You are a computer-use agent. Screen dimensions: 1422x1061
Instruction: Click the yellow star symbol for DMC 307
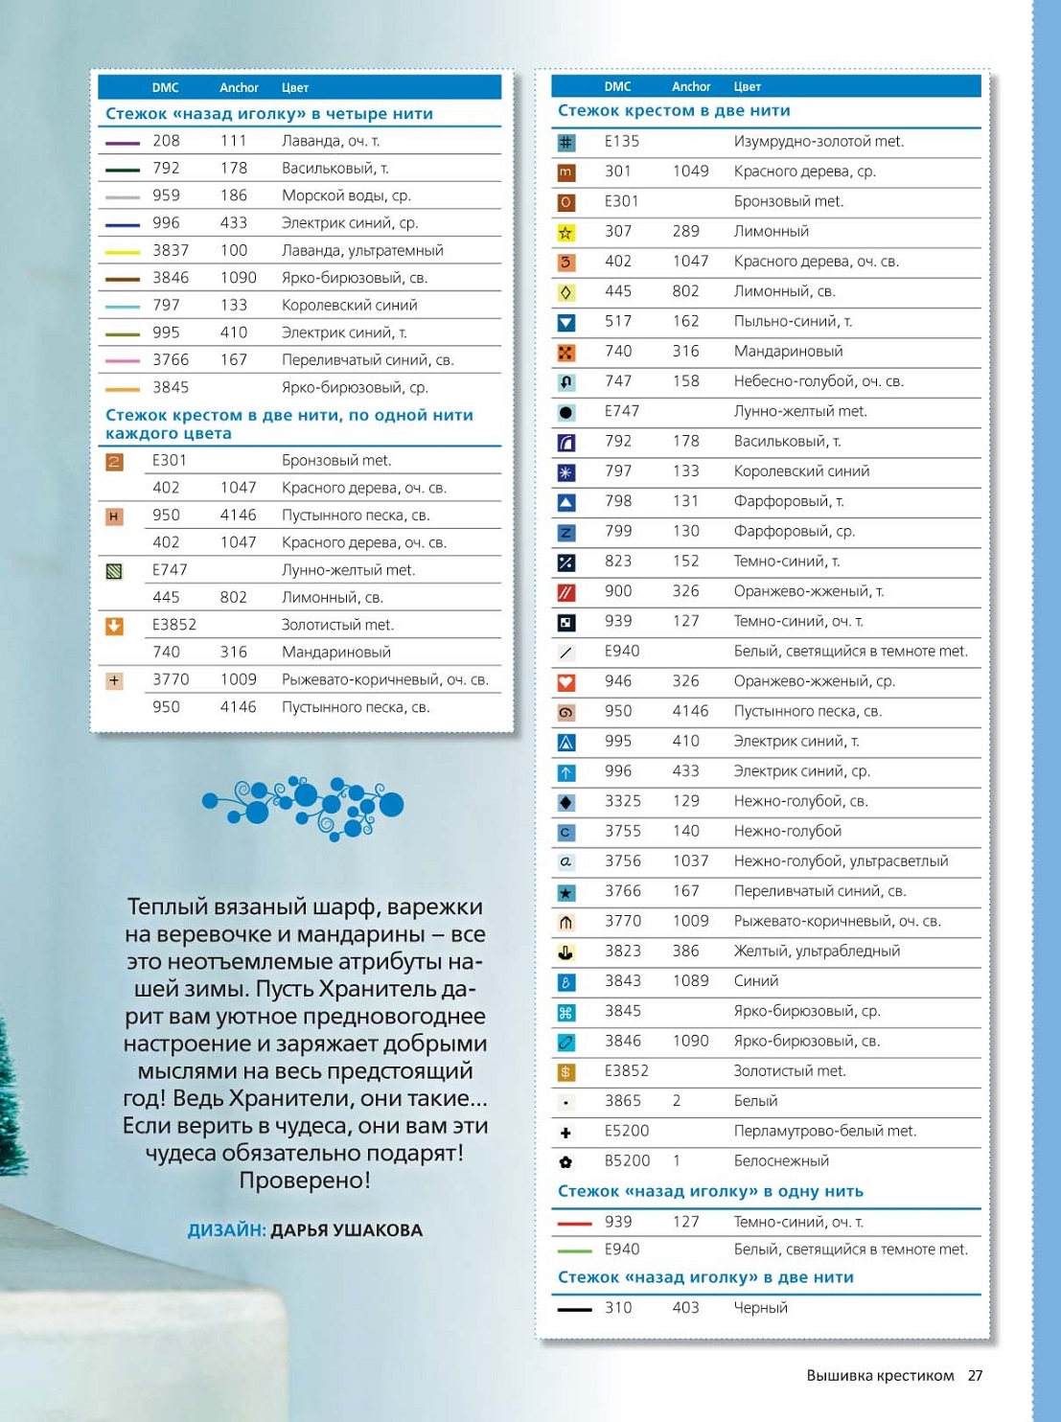pos(565,232)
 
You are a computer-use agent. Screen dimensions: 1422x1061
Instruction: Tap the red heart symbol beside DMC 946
pos(565,682)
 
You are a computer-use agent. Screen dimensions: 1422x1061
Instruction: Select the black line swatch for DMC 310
pos(574,1309)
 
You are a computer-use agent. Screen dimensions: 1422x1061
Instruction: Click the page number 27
pos(975,1375)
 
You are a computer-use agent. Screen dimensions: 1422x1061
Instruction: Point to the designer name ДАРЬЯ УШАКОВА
pos(346,1230)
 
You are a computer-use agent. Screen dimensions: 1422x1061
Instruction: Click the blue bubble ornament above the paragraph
pos(303,806)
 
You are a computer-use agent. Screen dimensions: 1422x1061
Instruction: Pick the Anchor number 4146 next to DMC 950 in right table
pos(690,711)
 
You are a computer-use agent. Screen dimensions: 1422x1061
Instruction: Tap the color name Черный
pos(760,1308)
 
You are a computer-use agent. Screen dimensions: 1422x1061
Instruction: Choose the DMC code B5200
pos(627,1160)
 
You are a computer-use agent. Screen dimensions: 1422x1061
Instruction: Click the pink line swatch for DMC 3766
pos(123,361)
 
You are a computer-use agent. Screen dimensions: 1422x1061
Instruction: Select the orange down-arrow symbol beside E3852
pos(114,626)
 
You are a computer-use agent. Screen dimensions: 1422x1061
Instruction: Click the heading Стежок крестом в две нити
pos(674,111)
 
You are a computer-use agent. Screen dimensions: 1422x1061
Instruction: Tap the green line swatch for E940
pos(574,1250)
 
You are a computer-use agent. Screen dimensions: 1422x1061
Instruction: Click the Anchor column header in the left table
pos(239,87)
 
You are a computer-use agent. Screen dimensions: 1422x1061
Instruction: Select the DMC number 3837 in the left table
pos(171,250)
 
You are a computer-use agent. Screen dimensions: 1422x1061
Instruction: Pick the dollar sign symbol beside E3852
pos(565,1072)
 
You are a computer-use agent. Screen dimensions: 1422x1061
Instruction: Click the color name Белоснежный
pos(781,1160)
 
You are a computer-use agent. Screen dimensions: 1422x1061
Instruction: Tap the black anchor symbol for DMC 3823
pos(565,952)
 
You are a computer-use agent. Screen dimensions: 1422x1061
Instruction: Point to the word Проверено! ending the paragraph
pos(305,1181)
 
